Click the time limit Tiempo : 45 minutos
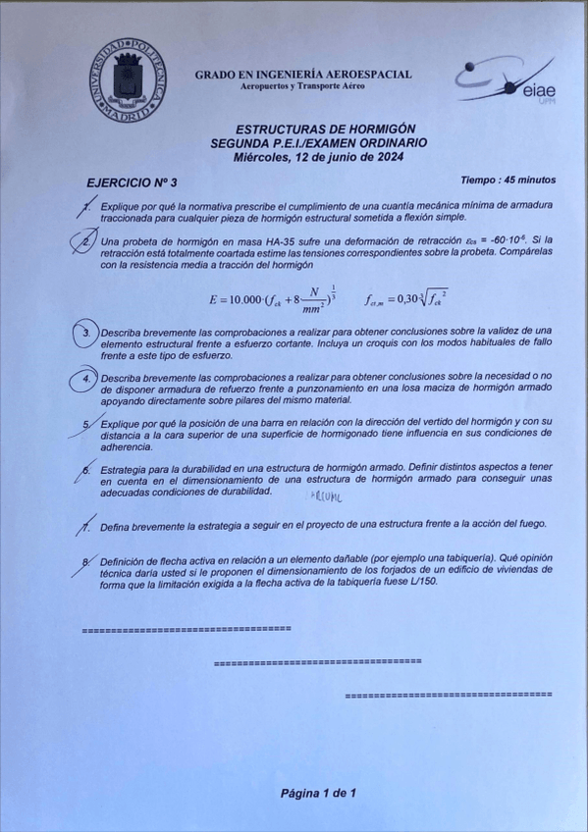(507, 181)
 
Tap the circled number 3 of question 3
(87, 335)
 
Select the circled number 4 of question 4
(86, 379)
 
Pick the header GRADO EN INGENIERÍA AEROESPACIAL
(302, 75)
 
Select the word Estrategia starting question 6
(127, 469)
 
